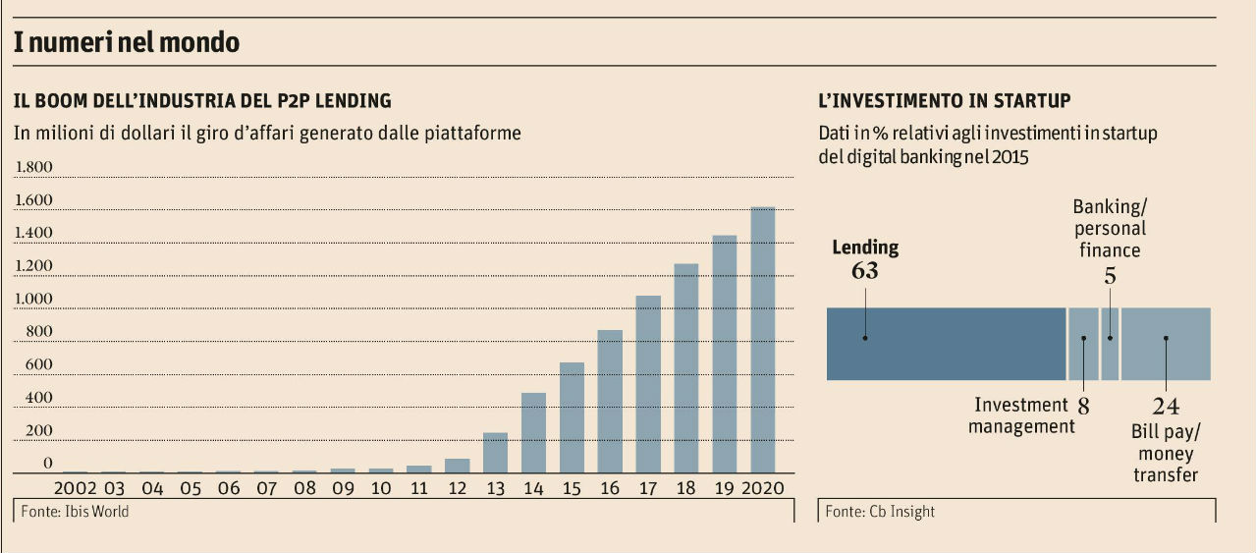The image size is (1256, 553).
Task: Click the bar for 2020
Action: pos(763,340)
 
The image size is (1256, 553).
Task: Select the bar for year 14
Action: pos(533,432)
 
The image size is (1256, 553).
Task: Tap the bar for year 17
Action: pos(648,384)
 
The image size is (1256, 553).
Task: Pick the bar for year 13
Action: pos(495,453)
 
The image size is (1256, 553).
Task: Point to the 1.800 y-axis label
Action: pos(33,167)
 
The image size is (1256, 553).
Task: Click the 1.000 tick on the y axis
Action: pos(33,299)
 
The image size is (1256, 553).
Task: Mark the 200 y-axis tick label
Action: pos(39,430)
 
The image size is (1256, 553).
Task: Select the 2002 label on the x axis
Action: pos(75,488)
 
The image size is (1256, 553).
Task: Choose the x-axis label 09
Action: pos(343,488)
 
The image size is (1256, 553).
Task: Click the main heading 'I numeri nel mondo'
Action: pos(127,43)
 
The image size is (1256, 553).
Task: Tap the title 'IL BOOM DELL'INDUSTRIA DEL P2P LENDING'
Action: pos(201,100)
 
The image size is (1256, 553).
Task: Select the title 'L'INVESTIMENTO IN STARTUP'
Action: pos(944,100)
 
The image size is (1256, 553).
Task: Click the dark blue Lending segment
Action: pos(946,344)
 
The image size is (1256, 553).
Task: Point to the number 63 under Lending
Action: pos(865,270)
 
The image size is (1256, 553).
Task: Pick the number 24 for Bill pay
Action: pos(1166,407)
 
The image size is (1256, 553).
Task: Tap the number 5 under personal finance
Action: pos(1110,276)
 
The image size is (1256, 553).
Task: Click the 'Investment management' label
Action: pos(1021,415)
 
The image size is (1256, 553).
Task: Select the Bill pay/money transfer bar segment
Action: pos(1166,344)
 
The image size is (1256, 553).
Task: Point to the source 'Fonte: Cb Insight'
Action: pos(880,512)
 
